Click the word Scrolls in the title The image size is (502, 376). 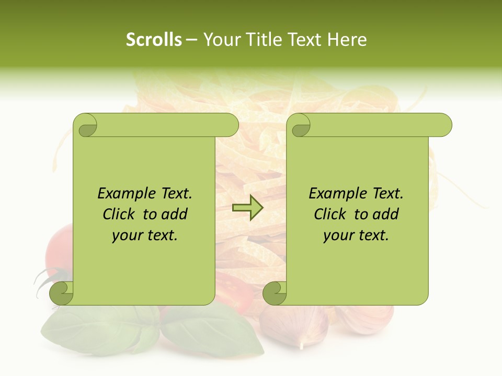pyautogui.click(x=154, y=40)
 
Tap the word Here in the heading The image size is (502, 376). pyautogui.click(x=346, y=40)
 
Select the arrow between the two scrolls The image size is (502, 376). pyautogui.click(x=248, y=208)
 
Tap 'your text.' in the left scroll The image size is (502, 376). pyautogui.click(x=145, y=235)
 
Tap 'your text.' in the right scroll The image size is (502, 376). pyautogui.click(x=356, y=235)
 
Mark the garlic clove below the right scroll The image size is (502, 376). pyautogui.click(x=295, y=326)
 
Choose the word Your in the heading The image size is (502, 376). pyautogui.click(x=220, y=40)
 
